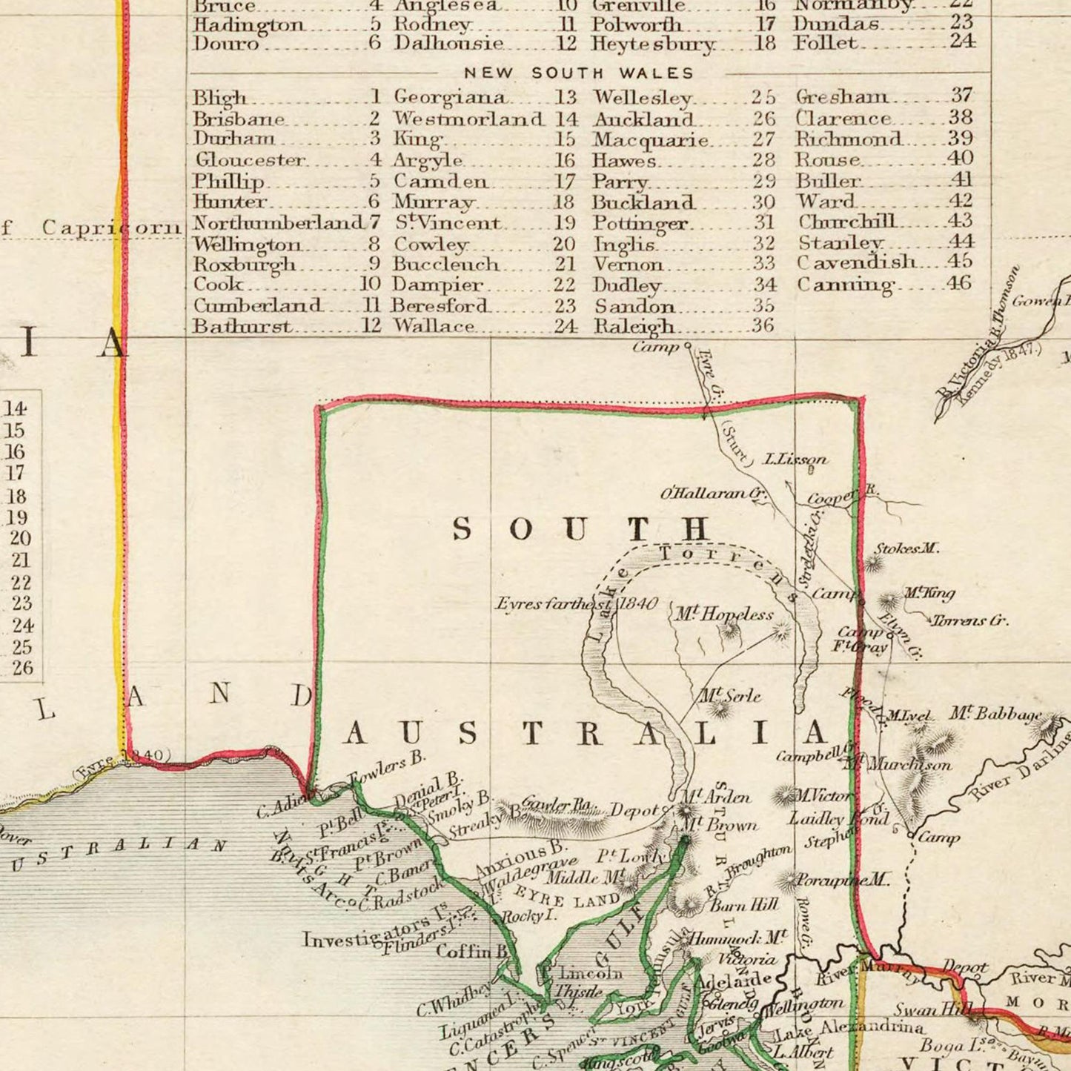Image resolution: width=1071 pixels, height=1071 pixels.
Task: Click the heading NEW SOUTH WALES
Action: pyautogui.click(x=579, y=73)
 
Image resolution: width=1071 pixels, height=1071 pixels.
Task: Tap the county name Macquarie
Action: pyautogui.click(x=650, y=140)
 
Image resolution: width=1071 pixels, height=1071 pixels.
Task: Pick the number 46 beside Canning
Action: pyautogui.click(x=958, y=283)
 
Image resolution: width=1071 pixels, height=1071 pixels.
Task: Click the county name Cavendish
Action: pyautogui.click(x=855, y=262)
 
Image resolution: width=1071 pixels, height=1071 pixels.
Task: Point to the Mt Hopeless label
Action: pyautogui.click(x=723, y=614)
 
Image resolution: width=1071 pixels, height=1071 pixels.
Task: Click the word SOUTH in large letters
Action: pyautogui.click(x=581, y=529)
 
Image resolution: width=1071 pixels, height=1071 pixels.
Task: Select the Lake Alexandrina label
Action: pyautogui.click(x=848, y=1029)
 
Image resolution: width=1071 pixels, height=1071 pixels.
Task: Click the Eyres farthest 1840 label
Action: pyautogui.click(x=576, y=604)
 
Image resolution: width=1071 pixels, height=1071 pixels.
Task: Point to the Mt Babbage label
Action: pyautogui.click(x=995, y=714)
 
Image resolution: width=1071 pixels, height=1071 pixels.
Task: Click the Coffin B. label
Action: pyautogui.click(x=471, y=951)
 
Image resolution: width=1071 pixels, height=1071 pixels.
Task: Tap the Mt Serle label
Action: pyautogui.click(x=730, y=696)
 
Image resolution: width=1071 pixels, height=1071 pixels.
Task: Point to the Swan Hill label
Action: pyautogui.click(x=923, y=1009)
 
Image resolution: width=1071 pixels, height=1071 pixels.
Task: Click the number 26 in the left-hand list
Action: pyautogui.click(x=22, y=668)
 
